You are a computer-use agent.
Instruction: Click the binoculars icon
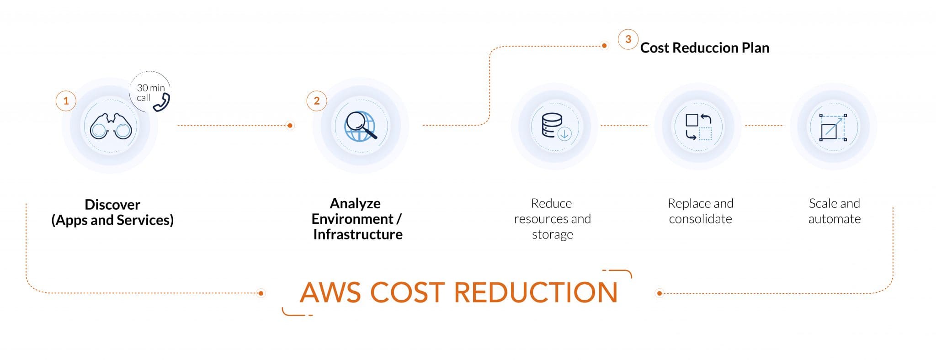(x=111, y=126)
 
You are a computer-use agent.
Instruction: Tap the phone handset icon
(x=161, y=102)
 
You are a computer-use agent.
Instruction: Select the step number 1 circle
(x=66, y=101)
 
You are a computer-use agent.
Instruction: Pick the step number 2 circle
(x=317, y=101)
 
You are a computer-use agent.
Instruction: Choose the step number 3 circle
(x=628, y=39)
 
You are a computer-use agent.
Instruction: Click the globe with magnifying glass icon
(x=361, y=126)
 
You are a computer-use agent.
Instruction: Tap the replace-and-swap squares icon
(x=699, y=127)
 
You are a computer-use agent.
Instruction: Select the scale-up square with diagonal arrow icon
(x=833, y=127)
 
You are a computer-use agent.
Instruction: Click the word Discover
(x=112, y=204)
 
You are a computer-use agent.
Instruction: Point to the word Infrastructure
(x=358, y=234)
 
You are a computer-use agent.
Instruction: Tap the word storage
(x=553, y=235)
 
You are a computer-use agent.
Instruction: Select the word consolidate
(x=701, y=219)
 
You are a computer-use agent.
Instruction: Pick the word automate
(x=835, y=219)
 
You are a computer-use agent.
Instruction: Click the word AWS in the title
(x=330, y=292)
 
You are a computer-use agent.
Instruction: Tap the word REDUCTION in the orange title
(x=536, y=292)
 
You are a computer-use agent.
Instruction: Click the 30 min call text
(x=151, y=93)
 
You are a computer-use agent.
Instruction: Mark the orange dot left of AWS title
(x=261, y=293)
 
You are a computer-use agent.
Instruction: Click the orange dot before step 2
(x=290, y=125)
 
